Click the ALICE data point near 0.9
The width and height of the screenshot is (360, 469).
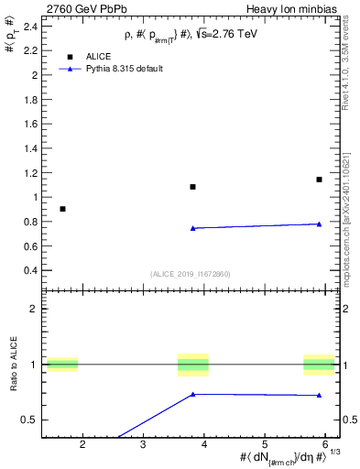pyautogui.click(x=62, y=209)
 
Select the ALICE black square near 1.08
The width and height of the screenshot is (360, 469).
pyautogui.click(x=192, y=187)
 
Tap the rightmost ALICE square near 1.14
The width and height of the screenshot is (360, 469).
pyautogui.click(x=319, y=180)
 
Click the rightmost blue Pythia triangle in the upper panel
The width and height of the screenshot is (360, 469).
pyautogui.click(x=319, y=224)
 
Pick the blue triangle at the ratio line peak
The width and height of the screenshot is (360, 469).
pyautogui.click(x=192, y=394)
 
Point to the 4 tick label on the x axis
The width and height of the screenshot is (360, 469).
pyautogui.click(x=204, y=444)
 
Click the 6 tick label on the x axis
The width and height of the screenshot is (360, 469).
pyautogui.click(x=325, y=444)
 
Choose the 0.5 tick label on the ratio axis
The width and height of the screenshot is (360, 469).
pyautogui.click(x=29, y=420)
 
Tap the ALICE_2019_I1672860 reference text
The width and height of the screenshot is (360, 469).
pyautogui.click(x=191, y=274)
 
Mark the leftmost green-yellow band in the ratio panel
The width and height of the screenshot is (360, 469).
pyautogui.click(x=62, y=365)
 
